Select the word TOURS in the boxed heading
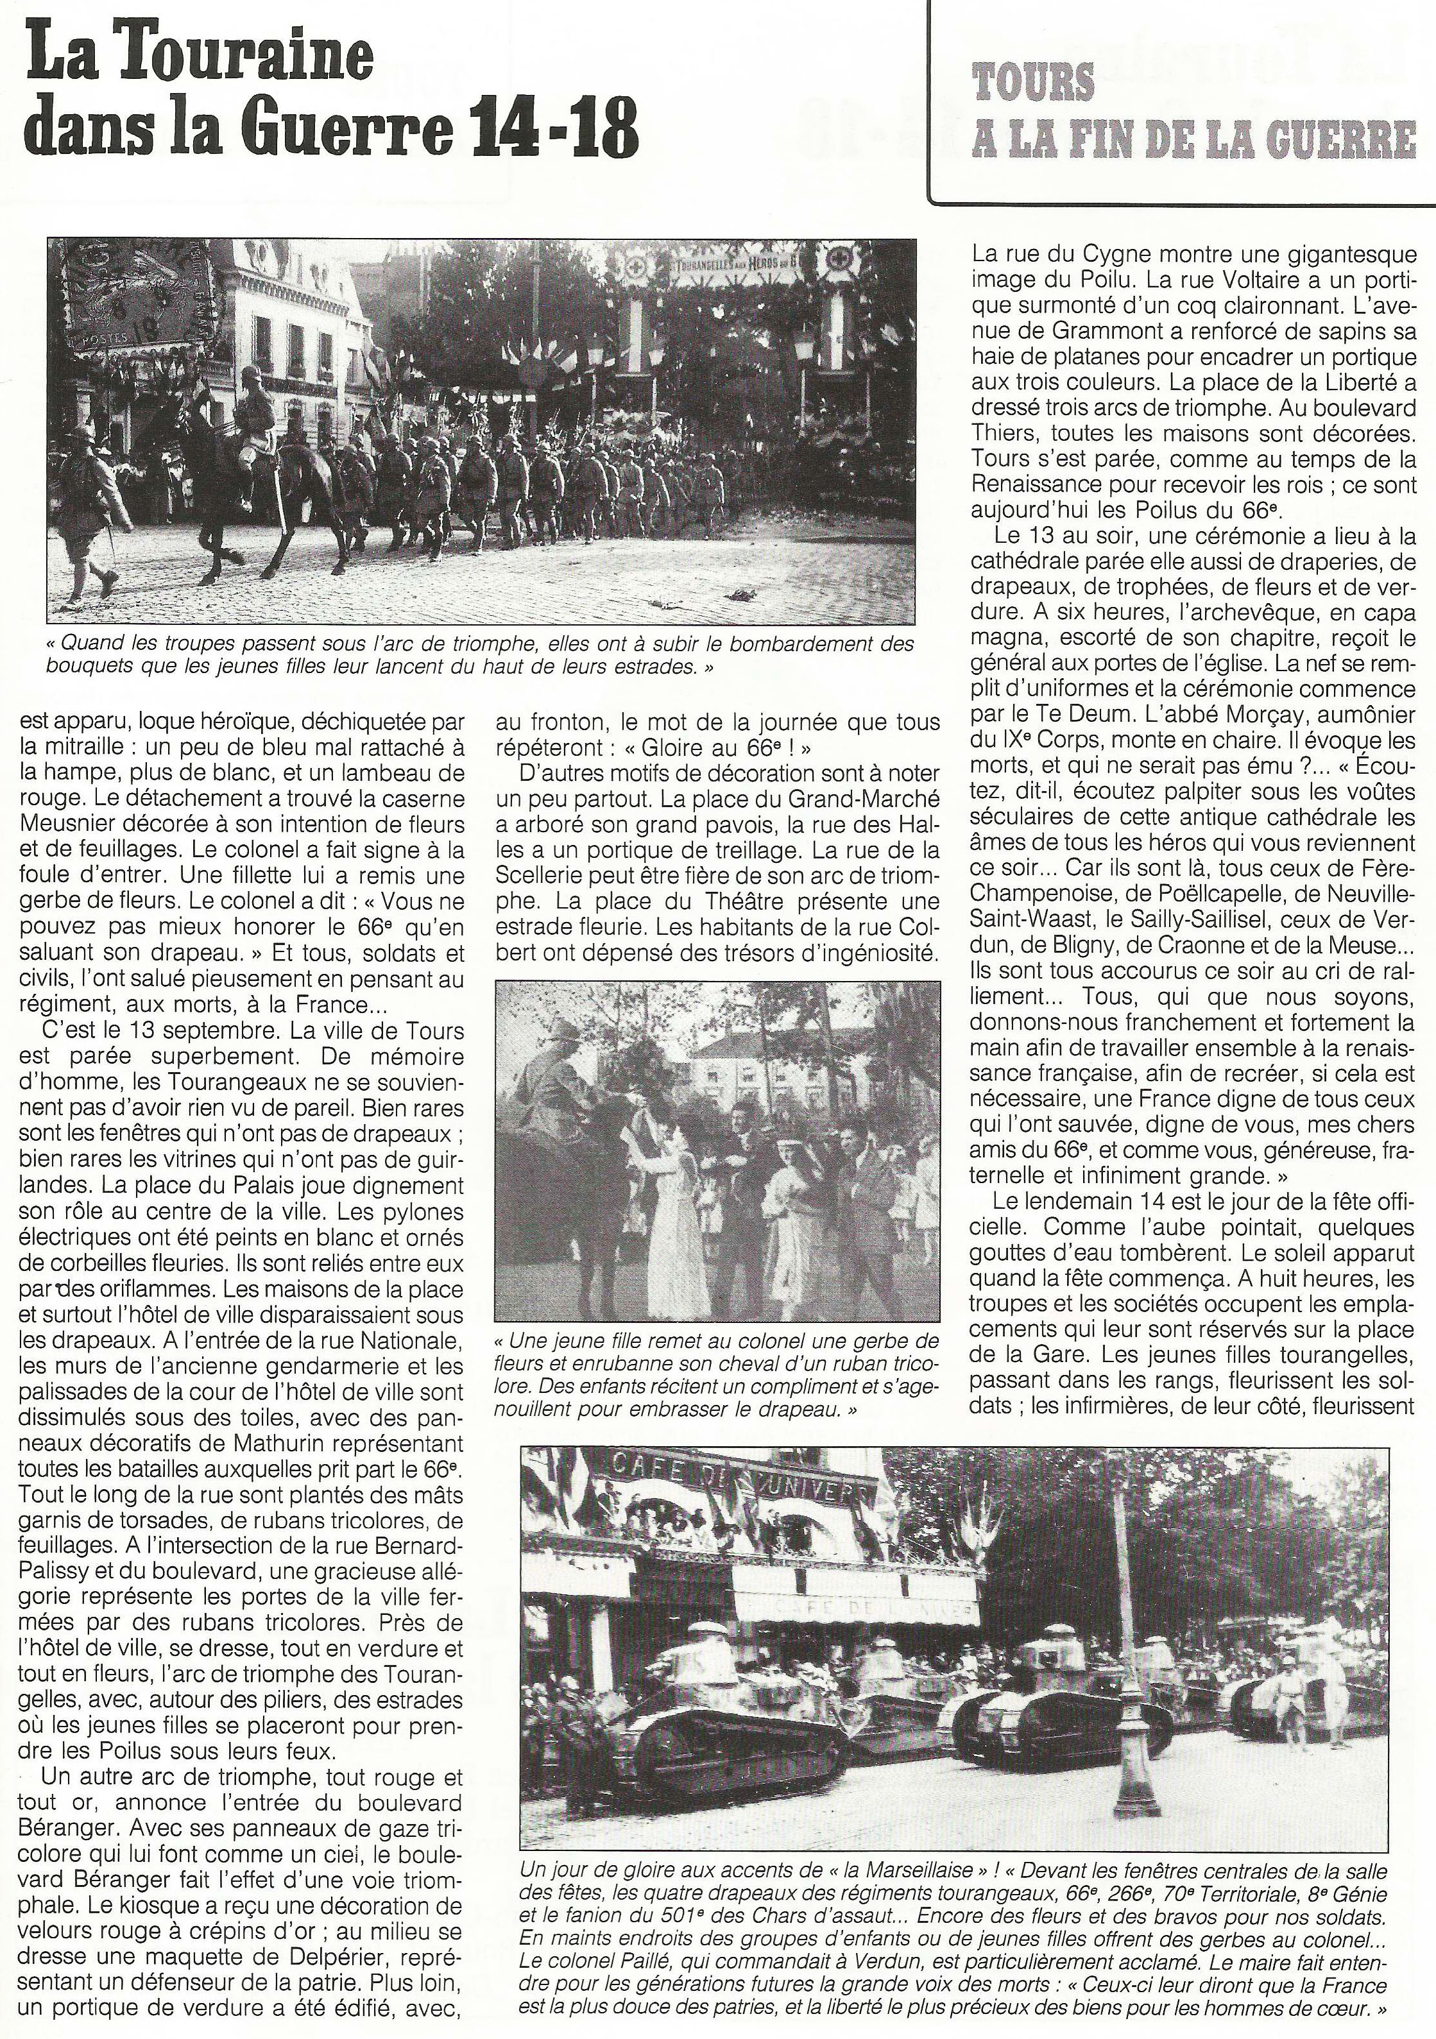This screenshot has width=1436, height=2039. [x=1033, y=83]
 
